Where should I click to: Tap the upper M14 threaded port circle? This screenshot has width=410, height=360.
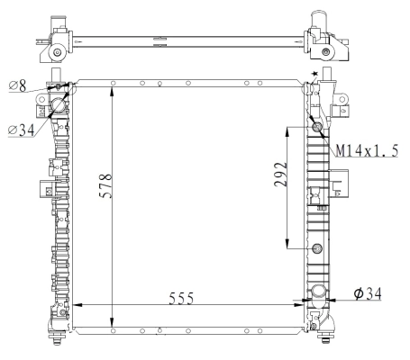pos(316,127)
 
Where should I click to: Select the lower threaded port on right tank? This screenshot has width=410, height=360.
pos(316,248)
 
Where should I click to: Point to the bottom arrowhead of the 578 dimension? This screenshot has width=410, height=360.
pos(112,328)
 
